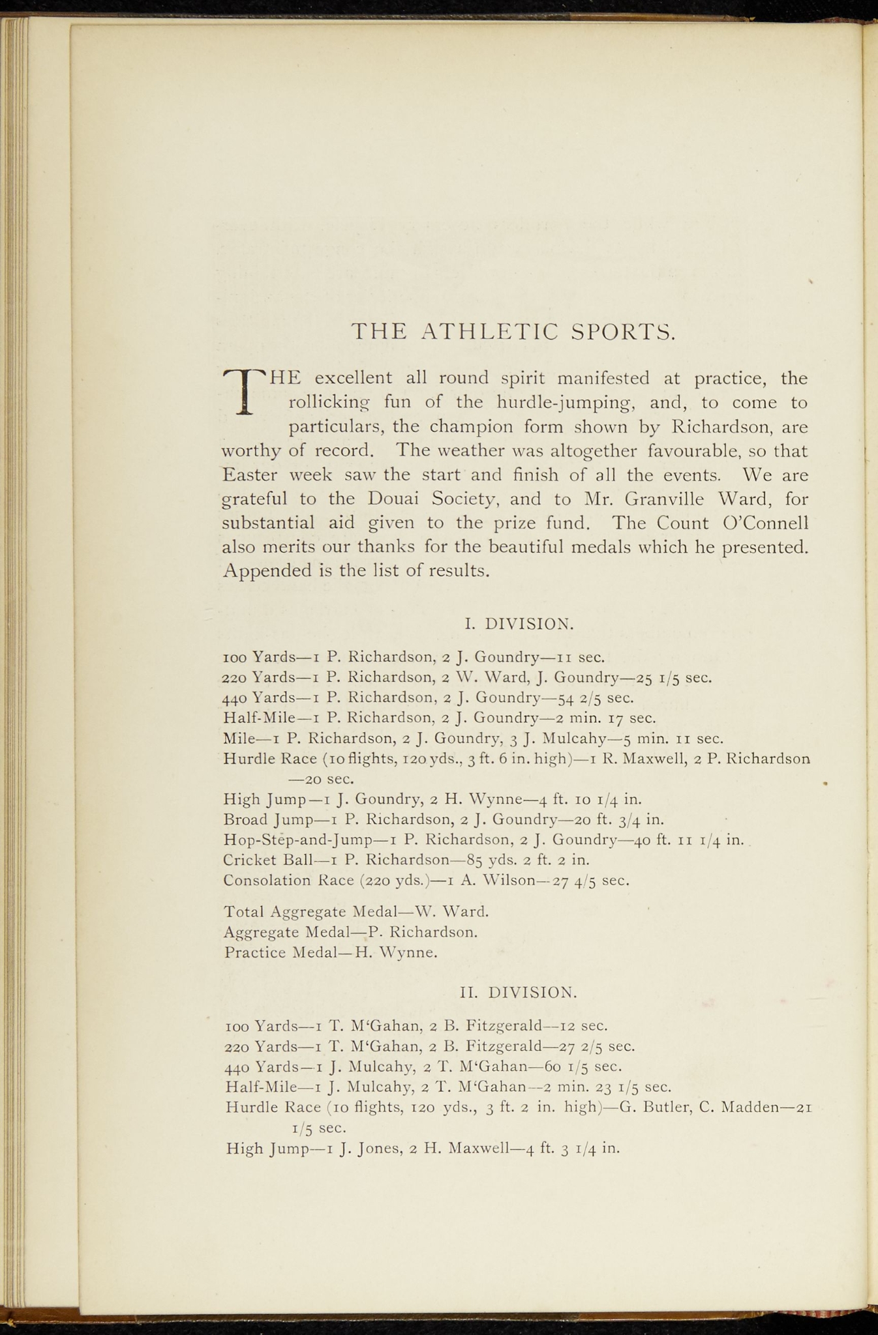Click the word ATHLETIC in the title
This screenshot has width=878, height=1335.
489,332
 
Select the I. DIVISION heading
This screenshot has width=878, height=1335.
519,624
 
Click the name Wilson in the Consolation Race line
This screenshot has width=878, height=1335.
506,881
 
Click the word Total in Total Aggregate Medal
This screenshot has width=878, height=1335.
243,911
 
